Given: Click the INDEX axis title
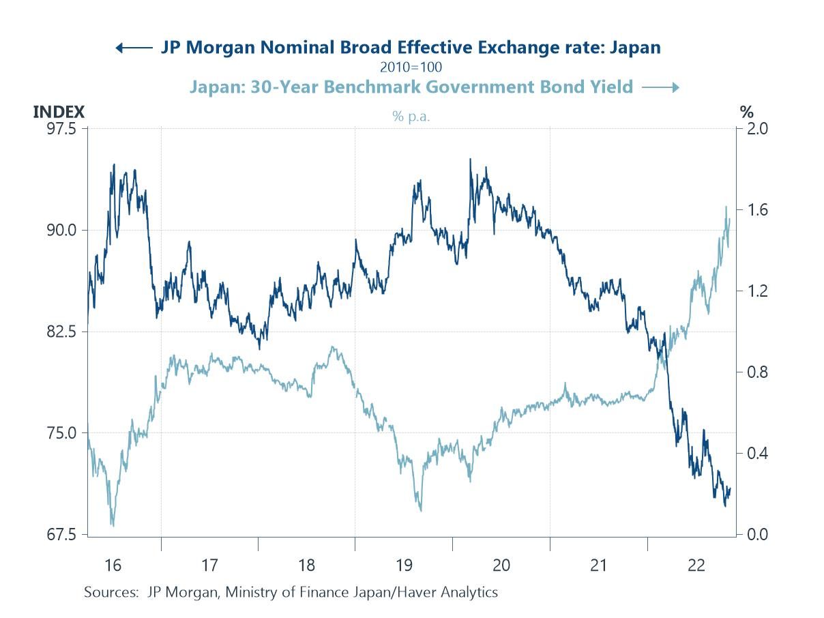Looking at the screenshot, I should pyautogui.click(x=59, y=111).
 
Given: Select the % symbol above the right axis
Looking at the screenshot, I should pyautogui.click(x=746, y=111).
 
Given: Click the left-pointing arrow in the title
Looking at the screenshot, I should pyautogui.click(x=134, y=48).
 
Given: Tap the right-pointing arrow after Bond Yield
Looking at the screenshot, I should pyautogui.click(x=660, y=87).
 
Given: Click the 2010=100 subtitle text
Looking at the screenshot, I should pyautogui.click(x=411, y=67).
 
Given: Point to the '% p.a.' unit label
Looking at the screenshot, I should pyautogui.click(x=411, y=117).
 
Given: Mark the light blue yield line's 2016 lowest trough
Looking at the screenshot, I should pyautogui.click(x=112, y=525).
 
